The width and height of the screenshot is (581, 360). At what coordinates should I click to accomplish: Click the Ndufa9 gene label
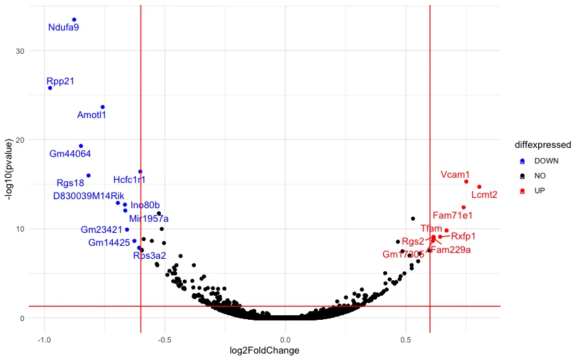tap(64, 28)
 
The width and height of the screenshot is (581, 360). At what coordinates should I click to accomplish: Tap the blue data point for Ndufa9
tap(74, 19)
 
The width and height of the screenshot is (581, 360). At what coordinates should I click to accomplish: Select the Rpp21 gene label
tap(60, 81)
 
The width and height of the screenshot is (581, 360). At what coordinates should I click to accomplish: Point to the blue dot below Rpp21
tap(50, 88)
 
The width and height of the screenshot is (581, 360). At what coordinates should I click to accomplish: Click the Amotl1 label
tap(91, 115)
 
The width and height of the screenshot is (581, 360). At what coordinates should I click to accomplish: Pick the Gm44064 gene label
tap(70, 154)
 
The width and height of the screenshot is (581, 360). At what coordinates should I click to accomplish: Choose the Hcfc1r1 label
tap(129, 179)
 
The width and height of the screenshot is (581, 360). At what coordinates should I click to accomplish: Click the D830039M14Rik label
tap(88, 196)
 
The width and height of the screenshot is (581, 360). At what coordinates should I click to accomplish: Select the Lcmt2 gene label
tap(484, 195)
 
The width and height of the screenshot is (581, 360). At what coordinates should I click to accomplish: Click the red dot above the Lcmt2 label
tap(479, 187)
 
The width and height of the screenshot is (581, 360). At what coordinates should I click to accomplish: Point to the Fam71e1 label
tap(453, 215)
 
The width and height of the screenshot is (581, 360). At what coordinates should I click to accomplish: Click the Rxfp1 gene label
tap(463, 236)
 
